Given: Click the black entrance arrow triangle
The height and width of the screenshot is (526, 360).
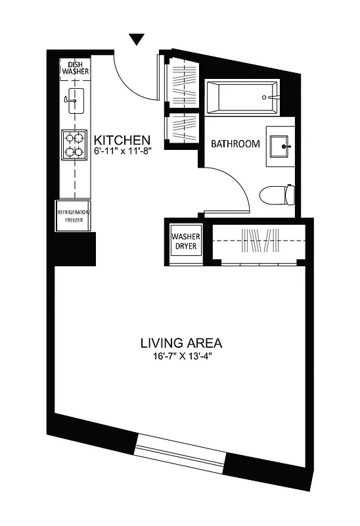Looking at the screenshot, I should click(x=137, y=39).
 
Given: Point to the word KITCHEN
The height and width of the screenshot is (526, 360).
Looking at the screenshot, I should click(x=123, y=140).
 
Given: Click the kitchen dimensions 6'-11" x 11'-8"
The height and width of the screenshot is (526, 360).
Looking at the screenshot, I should click(x=123, y=152).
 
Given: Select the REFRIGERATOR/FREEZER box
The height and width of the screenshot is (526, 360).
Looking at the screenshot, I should click(x=74, y=216).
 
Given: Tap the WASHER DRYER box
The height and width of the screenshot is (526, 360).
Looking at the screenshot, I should click(x=186, y=241).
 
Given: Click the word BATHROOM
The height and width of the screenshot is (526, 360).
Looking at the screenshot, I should click(x=235, y=144).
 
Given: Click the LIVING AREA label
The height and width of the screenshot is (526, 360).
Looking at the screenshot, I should click(x=181, y=343).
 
